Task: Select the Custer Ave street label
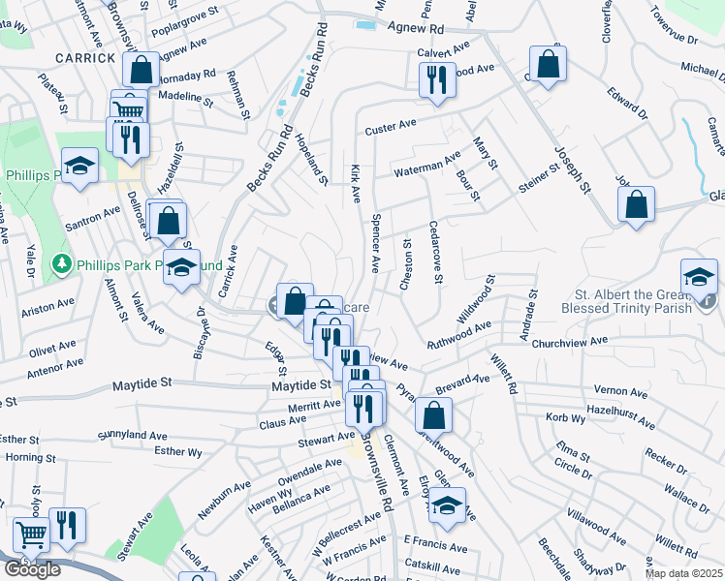(390, 126)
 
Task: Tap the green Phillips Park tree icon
(61, 263)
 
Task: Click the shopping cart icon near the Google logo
(32, 535)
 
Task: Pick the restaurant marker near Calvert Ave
(437, 77)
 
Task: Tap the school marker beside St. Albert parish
(698, 277)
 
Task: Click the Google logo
(32, 569)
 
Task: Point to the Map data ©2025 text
(683, 573)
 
